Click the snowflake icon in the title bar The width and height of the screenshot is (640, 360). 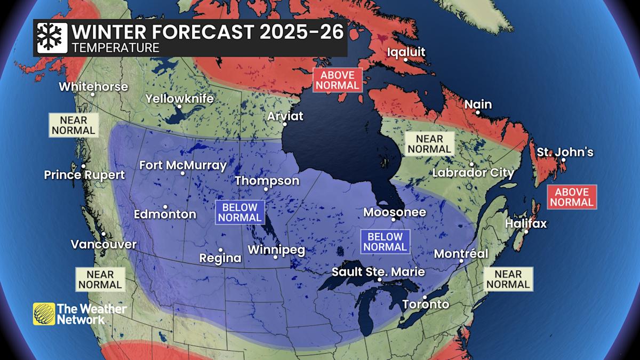[x=52, y=37]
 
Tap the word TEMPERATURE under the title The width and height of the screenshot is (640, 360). [x=116, y=48]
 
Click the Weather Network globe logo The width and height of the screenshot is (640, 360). [x=44, y=314]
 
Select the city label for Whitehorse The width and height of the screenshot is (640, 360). [x=93, y=86]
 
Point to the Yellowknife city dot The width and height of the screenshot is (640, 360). [x=180, y=107]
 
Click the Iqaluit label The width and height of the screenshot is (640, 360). [x=406, y=52]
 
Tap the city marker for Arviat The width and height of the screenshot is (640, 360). [x=285, y=124]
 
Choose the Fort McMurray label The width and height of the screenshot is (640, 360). [x=183, y=165]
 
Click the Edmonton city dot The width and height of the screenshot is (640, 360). [x=165, y=207]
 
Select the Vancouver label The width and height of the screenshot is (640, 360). [x=103, y=244]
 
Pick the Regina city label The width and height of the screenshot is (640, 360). [x=220, y=258]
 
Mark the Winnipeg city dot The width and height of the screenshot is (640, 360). [x=276, y=257]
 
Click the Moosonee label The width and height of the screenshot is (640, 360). [x=395, y=212]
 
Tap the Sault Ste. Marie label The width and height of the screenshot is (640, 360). [x=378, y=271]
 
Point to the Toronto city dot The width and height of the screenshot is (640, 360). [x=425, y=297]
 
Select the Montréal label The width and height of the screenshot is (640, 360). [x=461, y=254]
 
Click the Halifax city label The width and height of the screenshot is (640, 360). [x=526, y=223]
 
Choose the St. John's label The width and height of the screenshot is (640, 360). [x=565, y=152]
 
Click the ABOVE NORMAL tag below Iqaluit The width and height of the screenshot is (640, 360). [x=337, y=80]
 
